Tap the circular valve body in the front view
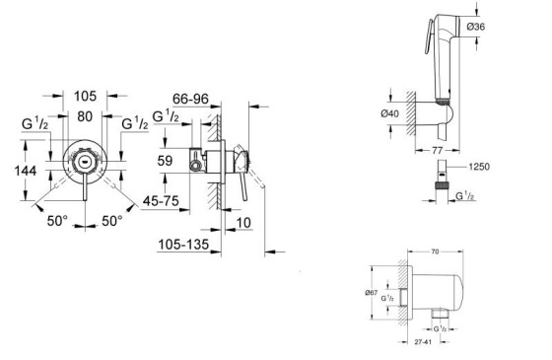click(86, 160)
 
